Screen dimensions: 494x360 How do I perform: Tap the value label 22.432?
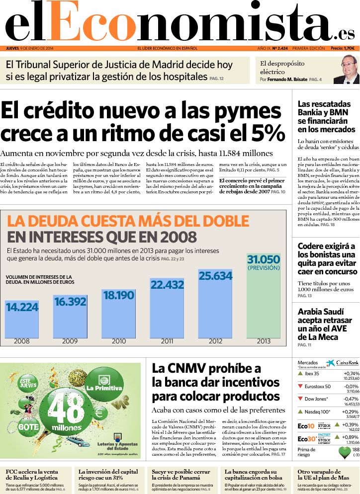pos(167,284)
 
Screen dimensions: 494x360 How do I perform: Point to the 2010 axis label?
pos(119,341)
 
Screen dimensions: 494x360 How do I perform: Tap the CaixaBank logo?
pos(343,363)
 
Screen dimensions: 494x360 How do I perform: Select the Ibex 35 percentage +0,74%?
pos(351,373)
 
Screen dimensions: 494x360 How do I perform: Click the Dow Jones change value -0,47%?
pos(351,399)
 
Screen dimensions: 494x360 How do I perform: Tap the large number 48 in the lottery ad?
pos(67,409)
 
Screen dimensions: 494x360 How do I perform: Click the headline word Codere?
pos(311,247)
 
